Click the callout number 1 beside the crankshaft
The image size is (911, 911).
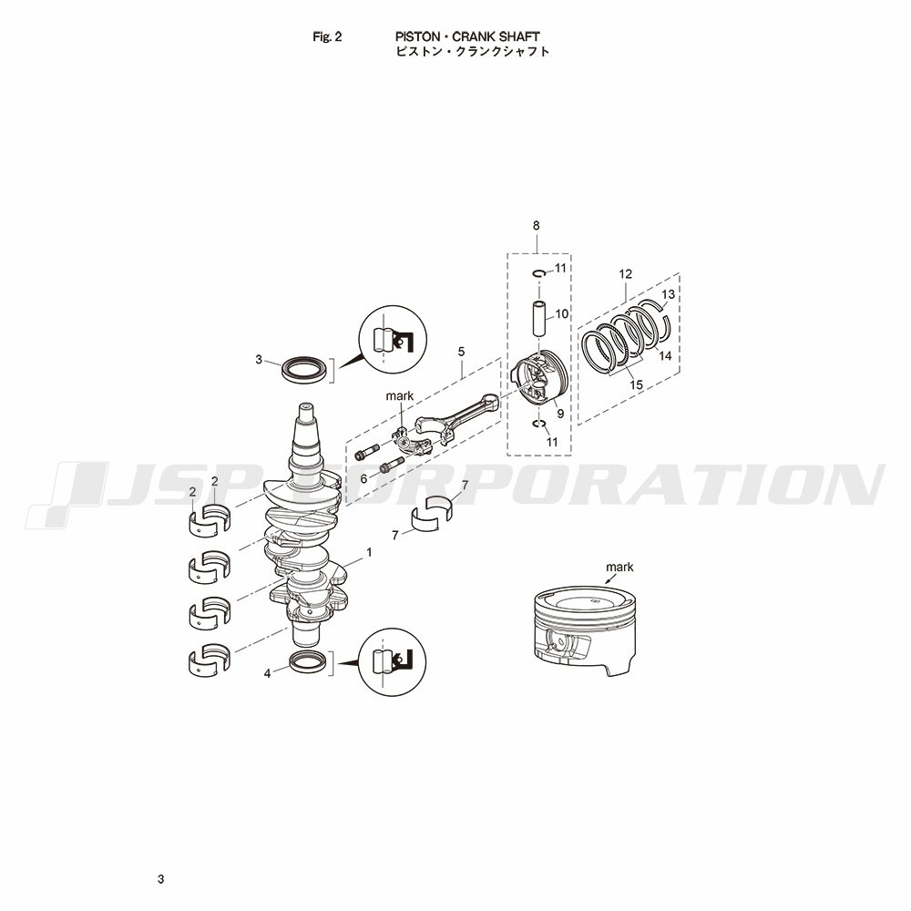pos(368,552)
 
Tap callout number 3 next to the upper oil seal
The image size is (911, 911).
pos(259,360)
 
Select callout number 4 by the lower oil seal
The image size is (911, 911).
pos(267,674)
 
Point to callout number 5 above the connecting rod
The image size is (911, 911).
pos(461,352)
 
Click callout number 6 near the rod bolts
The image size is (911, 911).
pos(363,479)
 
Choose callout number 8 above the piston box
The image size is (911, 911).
pos(536,225)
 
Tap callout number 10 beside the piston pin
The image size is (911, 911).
pos(562,314)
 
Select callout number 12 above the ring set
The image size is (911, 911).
pos(625,273)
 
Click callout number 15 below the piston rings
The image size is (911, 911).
pos(636,384)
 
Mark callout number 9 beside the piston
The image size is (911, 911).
pos(560,414)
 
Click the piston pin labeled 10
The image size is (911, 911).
pos(539,319)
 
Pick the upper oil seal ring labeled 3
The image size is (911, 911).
pos(304,370)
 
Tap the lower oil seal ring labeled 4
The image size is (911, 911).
pos(308,661)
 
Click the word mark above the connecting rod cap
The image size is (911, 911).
pos(400,395)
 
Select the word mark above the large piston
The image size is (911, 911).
pos(619,567)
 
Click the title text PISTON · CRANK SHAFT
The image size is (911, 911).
pos(467,36)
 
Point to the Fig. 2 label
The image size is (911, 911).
pos(327,36)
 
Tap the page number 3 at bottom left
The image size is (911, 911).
pos(161,879)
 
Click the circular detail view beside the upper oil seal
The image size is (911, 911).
pos(393,339)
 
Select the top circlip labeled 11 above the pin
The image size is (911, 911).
pos(538,273)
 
